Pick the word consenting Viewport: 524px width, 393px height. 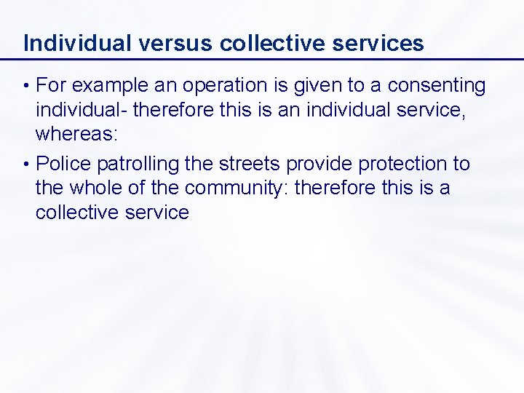(x=437, y=86)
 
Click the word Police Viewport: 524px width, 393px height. (x=60, y=164)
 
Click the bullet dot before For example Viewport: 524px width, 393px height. (x=26, y=87)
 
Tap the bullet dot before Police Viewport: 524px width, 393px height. (x=26, y=164)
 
